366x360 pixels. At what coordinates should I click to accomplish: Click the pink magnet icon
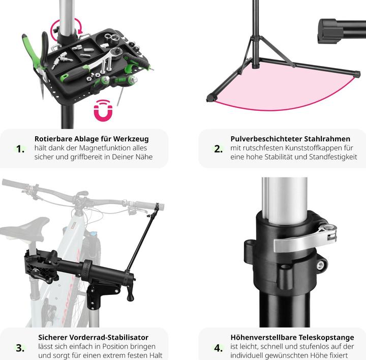103,110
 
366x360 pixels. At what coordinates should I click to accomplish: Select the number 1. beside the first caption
20,149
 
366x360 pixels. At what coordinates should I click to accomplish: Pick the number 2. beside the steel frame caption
218,149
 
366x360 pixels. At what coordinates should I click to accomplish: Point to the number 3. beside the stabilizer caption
20,348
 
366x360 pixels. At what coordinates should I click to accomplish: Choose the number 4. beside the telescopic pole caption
218,348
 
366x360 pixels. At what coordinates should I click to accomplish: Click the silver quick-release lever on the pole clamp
303,240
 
